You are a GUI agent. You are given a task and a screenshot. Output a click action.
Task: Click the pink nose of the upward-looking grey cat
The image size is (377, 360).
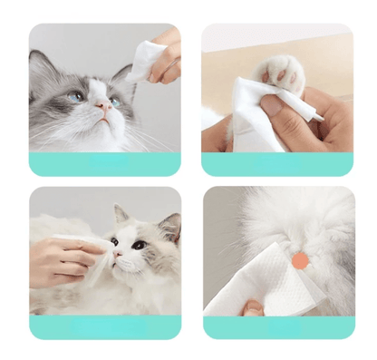[x=106, y=106]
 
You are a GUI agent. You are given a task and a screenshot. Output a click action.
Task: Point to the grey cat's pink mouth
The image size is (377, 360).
[x=108, y=119]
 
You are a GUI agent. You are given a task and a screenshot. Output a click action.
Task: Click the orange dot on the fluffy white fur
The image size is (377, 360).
[x=298, y=261]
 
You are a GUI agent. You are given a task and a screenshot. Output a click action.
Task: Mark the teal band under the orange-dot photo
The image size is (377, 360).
[x=277, y=326]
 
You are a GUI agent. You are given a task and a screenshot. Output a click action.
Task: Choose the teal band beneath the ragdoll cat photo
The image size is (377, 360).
[x=104, y=326]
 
